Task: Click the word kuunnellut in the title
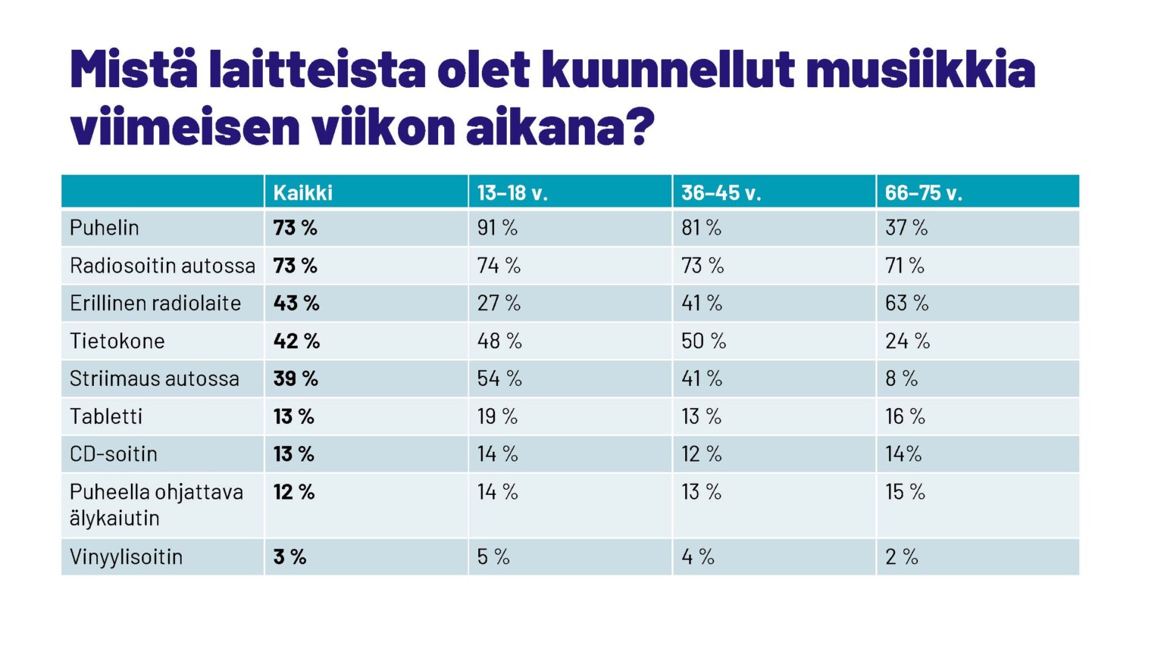(x=668, y=70)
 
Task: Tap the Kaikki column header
(x=302, y=193)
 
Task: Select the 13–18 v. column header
(x=512, y=193)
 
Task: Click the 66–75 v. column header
(x=923, y=193)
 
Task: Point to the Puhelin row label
(x=105, y=228)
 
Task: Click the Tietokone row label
(x=117, y=341)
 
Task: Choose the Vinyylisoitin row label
(x=126, y=557)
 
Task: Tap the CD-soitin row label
(x=114, y=454)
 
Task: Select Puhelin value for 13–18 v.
(x=497, y=228)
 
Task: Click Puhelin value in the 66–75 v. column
(x=906, y=228)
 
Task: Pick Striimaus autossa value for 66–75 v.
(x=901, y=378)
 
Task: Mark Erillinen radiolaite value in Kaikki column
(x=296, y=304)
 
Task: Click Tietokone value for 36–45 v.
(x=703, y=341)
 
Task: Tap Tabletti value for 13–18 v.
(x=497, y=416)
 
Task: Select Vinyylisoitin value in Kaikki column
(x=289, y=557)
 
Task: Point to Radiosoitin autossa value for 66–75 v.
(x=905, y=266)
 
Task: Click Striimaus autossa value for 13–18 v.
(x=499, y=378)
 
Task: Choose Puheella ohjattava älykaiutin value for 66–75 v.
(x=905, y=492)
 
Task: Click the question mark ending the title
(x=641, y=127)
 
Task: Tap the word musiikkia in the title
(x=920, y=70)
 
